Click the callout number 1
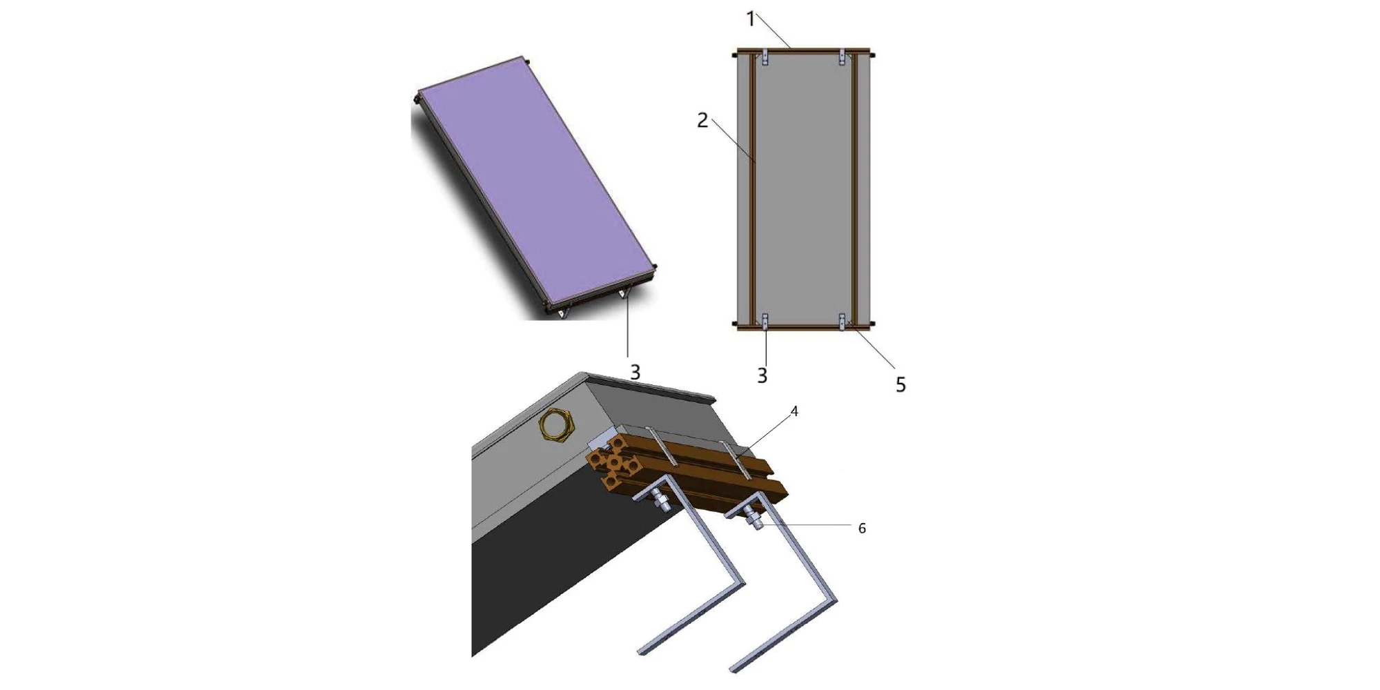pos(751,20)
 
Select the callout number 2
pos(702,121)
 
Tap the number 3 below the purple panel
pos(635,373)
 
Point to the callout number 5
pos(900,385)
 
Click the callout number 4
pos(794,411)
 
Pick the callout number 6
pos(862,528)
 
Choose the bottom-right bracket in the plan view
pos(842,321)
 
